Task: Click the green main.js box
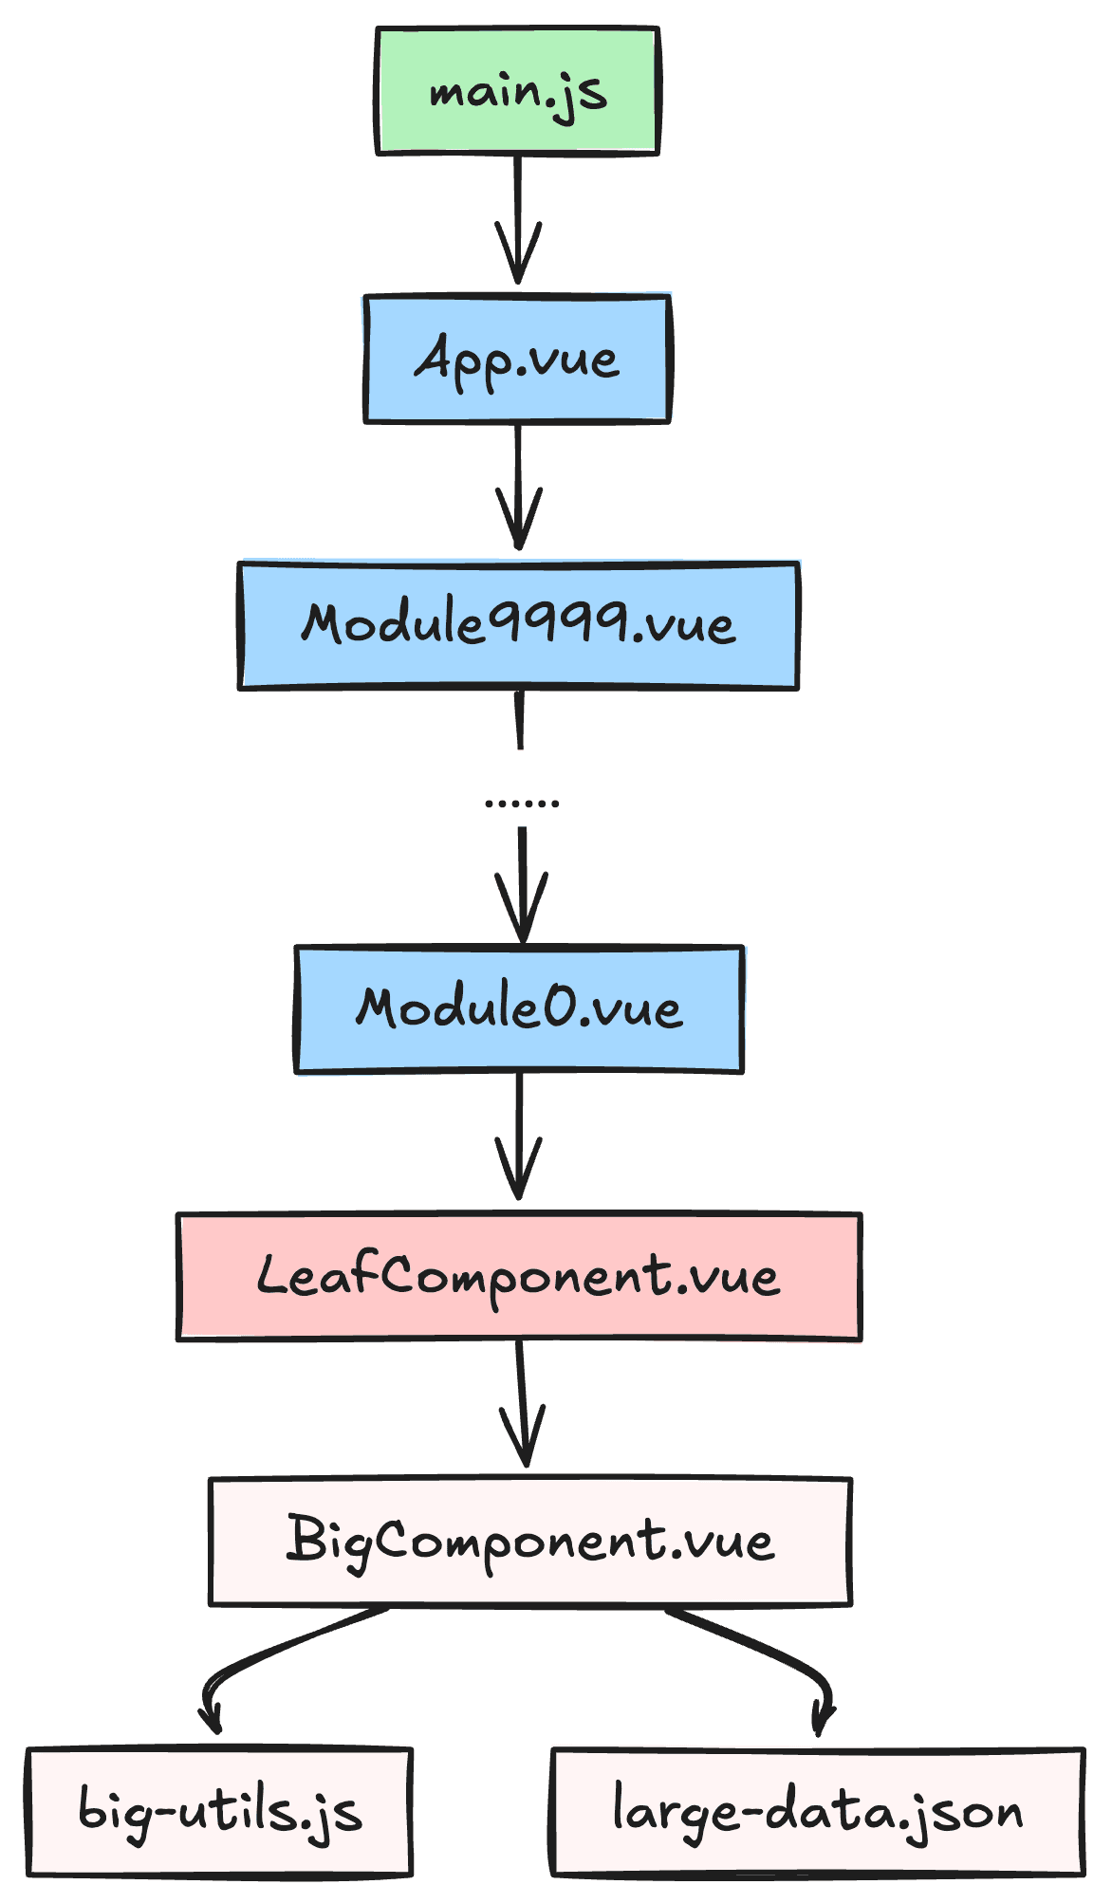pyautogui.click(x=517, y=91)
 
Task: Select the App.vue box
pyautogui.click(x=517, y=360)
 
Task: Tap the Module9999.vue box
pyautogui.click(x=517, y=625)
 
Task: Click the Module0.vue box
pyautogui.click(x=518, y=1008)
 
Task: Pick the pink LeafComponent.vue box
pyautogui.click(x=518, y=1276)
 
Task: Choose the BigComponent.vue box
pyautogui.click(x=529, y=1542)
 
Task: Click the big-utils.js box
pyautogui.click(x=219, y=1812)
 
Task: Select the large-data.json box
pyautogui.click(x=817, y=1812)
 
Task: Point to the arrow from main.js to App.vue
pyautogui.click(x=517, y=218)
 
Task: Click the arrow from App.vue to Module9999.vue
pyautogui.click(x=518, y=486)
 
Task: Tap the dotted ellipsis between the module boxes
pyautogui.click(x=521, y=803)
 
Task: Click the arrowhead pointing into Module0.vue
pyautogui.click(x=522, y=915)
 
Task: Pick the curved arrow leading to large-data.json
pyautogui.click(x=778, y=1655)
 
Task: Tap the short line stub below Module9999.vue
pyautogui.click(x=519, y=721)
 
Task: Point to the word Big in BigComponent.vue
pyautogui.click(x=327, y=1542)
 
